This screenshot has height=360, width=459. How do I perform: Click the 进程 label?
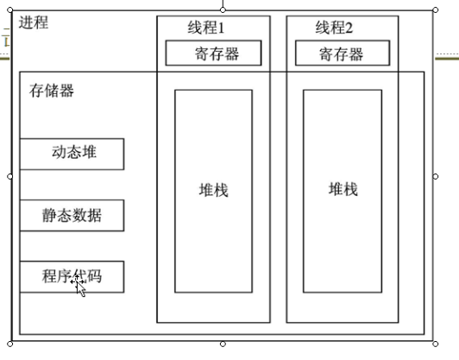34,22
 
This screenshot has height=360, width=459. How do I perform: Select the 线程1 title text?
206,28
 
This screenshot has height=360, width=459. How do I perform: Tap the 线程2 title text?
334,28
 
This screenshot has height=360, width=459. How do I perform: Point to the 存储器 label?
52,91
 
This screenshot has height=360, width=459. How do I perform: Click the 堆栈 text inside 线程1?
214,190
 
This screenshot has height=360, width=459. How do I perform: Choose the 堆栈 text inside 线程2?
343,189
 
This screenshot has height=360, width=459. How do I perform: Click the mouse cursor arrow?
80,288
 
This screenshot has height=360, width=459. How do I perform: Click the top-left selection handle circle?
9,10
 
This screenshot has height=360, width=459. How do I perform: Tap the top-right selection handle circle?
436,10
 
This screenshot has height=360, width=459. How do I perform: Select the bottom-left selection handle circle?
9,344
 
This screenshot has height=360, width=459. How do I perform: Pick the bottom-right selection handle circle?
436,344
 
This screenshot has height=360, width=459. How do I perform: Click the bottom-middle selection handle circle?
223,344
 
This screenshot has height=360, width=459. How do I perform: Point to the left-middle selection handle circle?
9,177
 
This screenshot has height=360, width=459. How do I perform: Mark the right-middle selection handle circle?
436,177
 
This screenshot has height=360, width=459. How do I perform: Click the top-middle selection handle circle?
223,10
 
